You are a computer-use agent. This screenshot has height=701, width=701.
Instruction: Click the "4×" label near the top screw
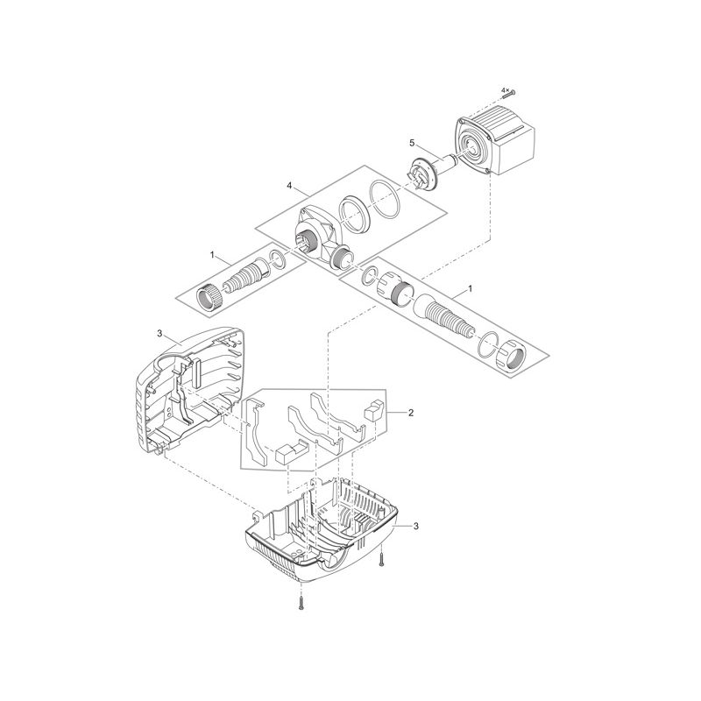click(x=505, y=89)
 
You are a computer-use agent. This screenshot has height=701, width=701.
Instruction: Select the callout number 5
click(x=411, y=142)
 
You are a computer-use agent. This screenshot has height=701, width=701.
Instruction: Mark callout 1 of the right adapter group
click(x=471, y=288)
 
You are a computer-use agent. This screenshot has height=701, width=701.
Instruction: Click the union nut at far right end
click(x=512, y=358)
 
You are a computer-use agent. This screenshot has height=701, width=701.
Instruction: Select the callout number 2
click(x=411, y=411)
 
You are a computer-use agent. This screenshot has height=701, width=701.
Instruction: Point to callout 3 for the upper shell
click(x=159, y=334)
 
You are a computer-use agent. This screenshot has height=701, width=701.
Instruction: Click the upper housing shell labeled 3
click(x=188, y=386)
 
